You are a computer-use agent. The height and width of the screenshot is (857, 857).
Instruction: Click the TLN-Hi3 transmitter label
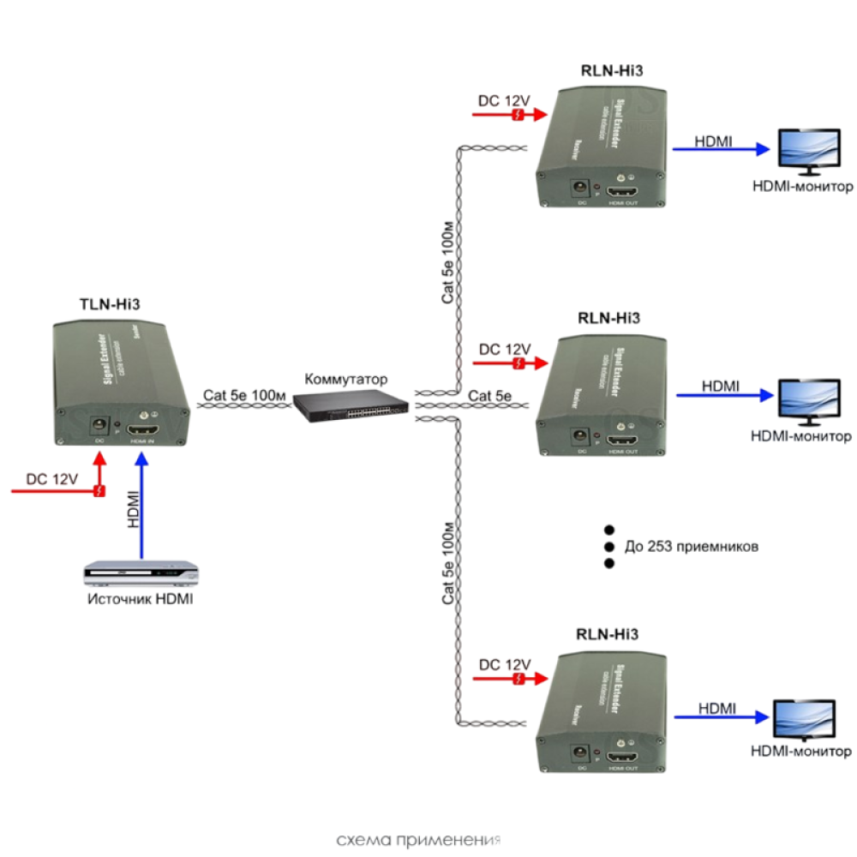[110, 303]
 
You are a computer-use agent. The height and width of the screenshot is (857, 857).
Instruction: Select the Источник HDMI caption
[140, 599]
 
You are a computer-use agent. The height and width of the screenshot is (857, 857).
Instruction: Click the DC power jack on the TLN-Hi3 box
[100, 425]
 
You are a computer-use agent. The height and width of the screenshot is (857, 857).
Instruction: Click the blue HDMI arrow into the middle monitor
[724, 395]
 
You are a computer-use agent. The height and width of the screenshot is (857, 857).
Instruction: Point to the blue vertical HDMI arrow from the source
[143, 506]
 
